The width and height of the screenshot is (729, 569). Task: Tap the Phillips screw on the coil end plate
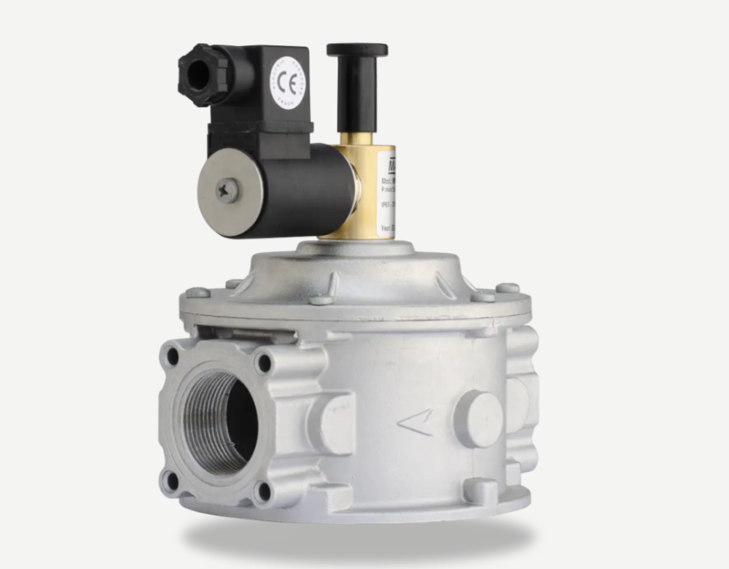click(x=227, y=191)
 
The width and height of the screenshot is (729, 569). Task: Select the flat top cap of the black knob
click(x=357, y=50)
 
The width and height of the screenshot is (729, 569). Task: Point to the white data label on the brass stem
click(x=385, y=191)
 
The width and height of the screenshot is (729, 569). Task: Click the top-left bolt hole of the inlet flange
click(x=173, y=356)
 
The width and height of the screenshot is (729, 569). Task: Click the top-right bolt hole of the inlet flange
click(x=263, y=363)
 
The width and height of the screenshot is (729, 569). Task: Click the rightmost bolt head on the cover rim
click(x=507, y=289)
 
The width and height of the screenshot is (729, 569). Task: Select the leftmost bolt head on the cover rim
click(x=197, y=293)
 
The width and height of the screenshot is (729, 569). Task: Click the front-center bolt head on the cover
click(x=321, y=300)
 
